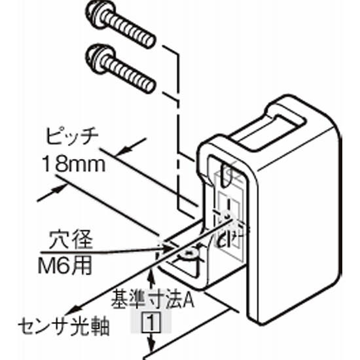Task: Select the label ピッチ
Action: click(72, 136)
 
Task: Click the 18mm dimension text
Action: click(73, 164)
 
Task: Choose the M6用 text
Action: click(65, 266)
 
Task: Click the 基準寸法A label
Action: click(153, 299)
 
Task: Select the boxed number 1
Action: click(151, 322)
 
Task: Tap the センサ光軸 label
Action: click(63, 327)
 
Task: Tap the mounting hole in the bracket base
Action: click(189, 253)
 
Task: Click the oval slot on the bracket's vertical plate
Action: click(226, 175)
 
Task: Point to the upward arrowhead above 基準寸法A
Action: click(150, 277)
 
